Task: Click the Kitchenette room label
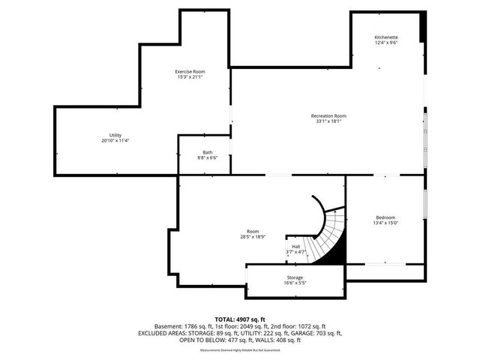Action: pos(386,37)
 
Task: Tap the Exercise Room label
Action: pos(190,71)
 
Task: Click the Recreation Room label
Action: pos(329,115)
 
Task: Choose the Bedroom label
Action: pos(385,217)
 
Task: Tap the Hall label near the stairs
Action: pos(296,246)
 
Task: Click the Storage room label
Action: pos(295,277)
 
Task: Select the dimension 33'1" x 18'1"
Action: pos(329,121)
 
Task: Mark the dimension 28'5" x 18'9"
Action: pos(253,237)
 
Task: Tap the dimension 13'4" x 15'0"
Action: pos(385,223)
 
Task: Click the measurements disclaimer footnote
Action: pos(240,350)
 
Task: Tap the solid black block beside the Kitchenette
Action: pos(424,28)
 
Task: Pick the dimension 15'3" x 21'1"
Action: pos(190,76)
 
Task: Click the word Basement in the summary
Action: pos(168,326)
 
